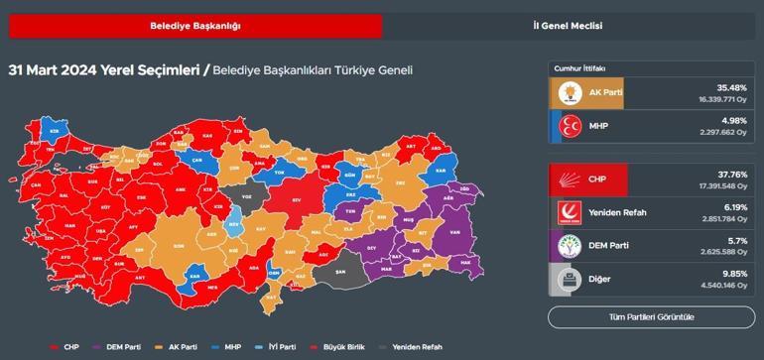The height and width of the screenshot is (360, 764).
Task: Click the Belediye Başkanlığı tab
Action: (x=194, y=26)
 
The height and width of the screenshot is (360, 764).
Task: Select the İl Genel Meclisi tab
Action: (x=568, y=26)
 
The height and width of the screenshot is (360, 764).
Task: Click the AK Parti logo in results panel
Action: (x=568, y=92)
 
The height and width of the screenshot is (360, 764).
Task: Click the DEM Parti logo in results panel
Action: (x=568, y=246)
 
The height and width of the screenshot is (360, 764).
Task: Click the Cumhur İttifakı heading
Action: (x=579, y=67)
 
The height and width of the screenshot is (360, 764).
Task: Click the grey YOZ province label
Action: (x=248, y=196)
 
